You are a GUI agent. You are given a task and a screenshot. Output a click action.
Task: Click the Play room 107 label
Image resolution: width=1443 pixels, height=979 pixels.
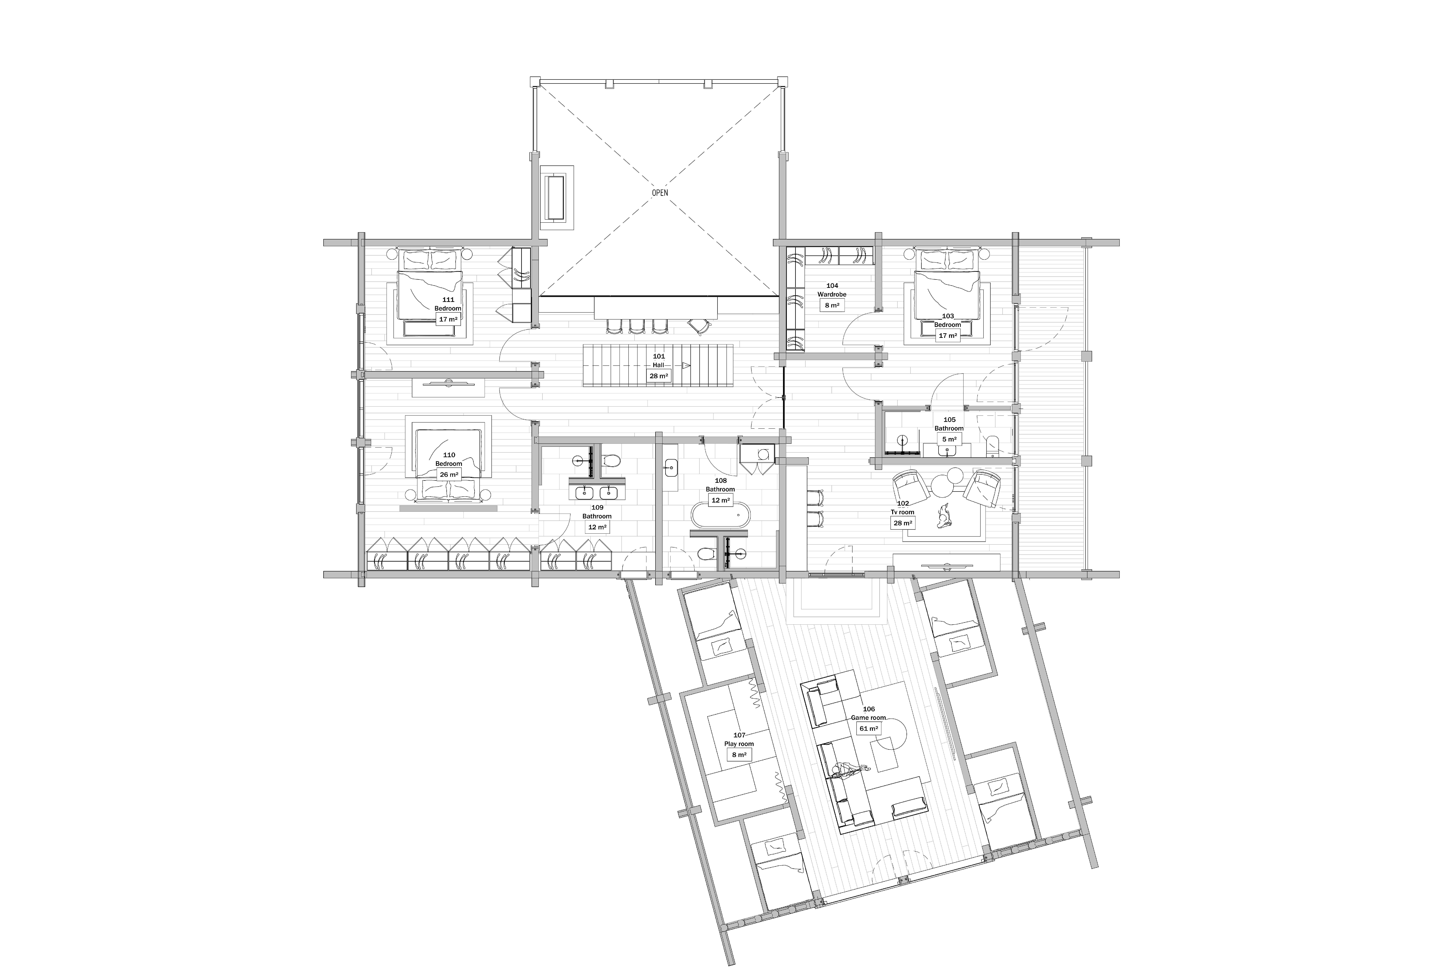(739, 739)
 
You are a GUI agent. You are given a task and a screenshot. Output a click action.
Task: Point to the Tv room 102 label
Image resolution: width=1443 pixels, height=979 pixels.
(903, 508)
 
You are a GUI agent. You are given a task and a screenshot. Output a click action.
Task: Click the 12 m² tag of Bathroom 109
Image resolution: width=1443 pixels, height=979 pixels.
(597, 527)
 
